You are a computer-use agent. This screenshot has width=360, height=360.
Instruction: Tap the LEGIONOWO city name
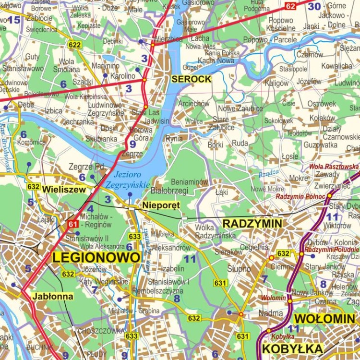pos(96,257)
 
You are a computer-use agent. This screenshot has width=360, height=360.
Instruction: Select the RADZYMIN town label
pos(252,223)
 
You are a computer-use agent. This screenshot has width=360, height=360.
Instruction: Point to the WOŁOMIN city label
pos(324,319)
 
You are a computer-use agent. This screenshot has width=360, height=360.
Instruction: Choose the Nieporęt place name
pos(161,205)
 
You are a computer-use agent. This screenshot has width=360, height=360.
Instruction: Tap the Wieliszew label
pos(64,189)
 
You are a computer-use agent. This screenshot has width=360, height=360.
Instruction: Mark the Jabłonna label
pos(53,296)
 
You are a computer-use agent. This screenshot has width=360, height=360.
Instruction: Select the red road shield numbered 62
pos(290,6)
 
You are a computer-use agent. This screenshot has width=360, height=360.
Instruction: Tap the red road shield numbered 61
pos(72,224)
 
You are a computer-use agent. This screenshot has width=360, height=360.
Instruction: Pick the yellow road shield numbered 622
pos(74,45)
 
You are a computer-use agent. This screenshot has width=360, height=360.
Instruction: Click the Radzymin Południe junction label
pos(332,249)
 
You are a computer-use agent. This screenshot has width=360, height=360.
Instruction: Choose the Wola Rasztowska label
pos(334,167)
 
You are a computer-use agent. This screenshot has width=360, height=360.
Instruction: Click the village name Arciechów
pos(194,103)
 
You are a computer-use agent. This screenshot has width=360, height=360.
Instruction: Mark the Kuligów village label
pos(277,83)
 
